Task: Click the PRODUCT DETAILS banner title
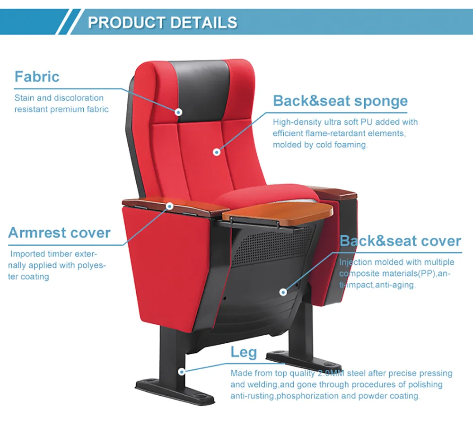(162, 22)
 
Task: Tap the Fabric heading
(37, 77)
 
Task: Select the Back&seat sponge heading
(340, 101)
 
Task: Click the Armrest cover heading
(59, 233)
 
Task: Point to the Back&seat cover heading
(400, 241)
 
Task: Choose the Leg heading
(244, 352)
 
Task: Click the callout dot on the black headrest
(178, 112)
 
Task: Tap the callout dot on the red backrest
(216, 152)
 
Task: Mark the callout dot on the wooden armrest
(169, 206)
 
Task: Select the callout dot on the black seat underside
(283, 292)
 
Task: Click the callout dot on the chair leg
(181, 372)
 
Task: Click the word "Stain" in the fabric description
(24, 98)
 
